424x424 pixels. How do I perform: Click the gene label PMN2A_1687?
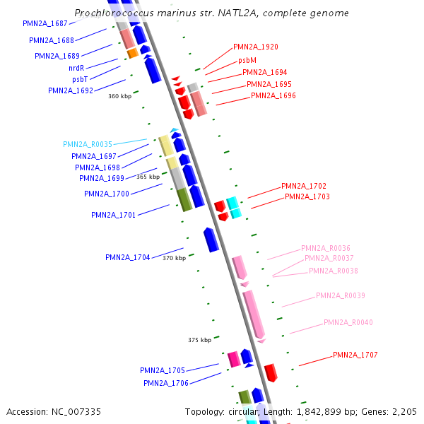[45, 23]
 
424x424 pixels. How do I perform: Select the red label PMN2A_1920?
[256, 47]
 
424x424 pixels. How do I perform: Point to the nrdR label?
[76, 68]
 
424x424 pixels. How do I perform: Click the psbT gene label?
[80, 79]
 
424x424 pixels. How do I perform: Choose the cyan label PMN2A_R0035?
[88, 144]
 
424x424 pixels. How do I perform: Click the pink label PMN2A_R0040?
[348, 322]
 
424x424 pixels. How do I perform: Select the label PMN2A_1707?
[355, 355]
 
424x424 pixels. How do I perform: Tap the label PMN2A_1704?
[128, 257]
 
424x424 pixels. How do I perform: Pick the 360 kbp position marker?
[119, 96]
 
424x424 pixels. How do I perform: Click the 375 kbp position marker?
[199, 340]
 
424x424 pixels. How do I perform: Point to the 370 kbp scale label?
[174, 259]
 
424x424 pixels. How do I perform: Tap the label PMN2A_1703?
[307, 196]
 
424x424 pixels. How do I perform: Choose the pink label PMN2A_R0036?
[326, 248]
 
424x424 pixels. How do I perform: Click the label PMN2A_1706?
[166, 383]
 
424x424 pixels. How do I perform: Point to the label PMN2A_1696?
[273, 95]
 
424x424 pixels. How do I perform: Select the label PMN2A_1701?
[114, 215]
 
